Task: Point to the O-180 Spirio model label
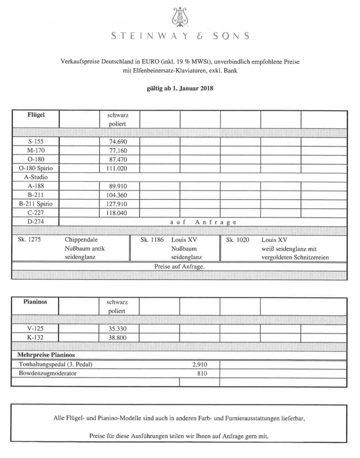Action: point(36,168)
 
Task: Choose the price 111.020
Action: point(117,168)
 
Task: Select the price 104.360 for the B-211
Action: point(117,195)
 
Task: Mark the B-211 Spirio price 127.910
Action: point(117,204)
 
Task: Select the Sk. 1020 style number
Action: point(237,239)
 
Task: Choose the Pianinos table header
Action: point(36,302)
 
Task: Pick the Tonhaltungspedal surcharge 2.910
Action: point(200,364)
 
